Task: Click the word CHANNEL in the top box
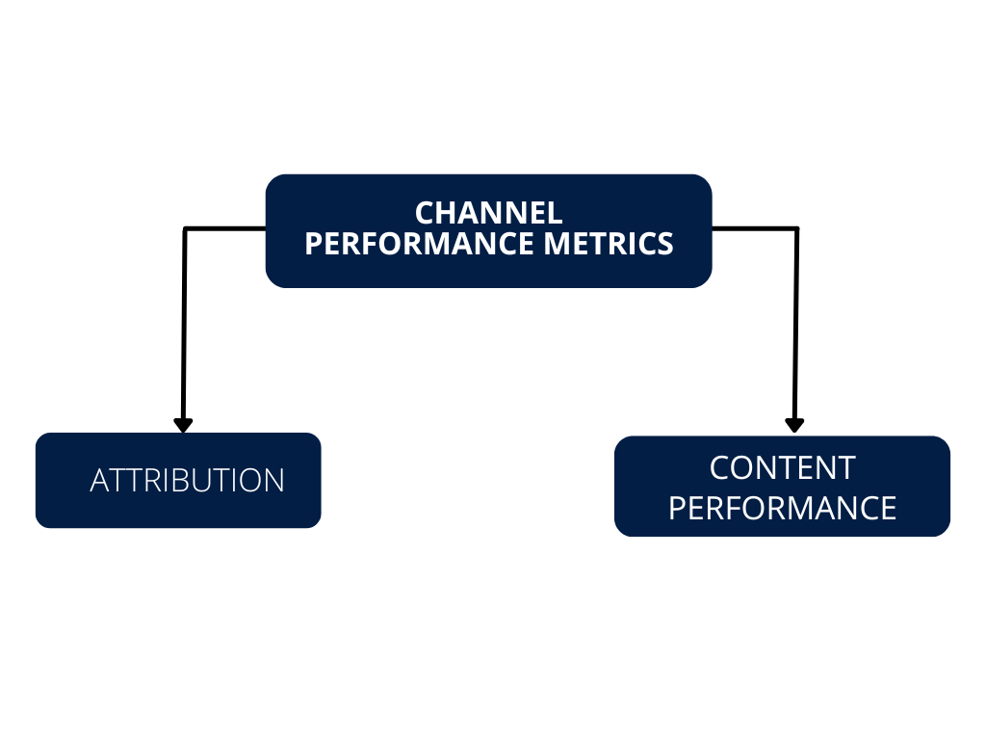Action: point(488,212)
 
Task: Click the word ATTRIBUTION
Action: point(187,481)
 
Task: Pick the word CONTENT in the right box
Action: point(782,468)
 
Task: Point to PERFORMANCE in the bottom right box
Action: point(782,508)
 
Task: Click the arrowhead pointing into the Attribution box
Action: point(183,425)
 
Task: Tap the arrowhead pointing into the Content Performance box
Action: point(794,425)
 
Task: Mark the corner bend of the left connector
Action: point(185,229)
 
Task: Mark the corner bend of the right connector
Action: point(796,229)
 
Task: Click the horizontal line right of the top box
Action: point(754,228)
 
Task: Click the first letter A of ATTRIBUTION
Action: point(98,481)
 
